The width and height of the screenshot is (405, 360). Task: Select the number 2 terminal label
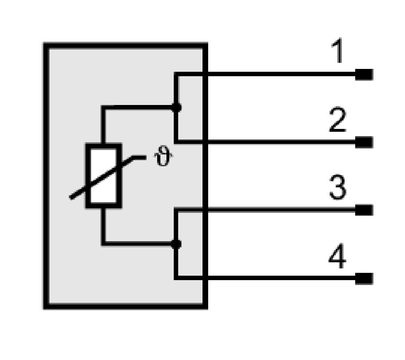pyautogui.click(x=338, y=120)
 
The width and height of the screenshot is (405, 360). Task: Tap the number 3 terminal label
pyautogui.click(x=338, y=187)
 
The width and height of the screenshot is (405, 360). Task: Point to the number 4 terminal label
pyautogui.click(x=337, y=256)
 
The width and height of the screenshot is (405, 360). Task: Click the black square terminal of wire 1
pyautogui.click(x=364, y=75)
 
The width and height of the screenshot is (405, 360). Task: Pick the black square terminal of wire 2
pyautogui.click(x=364, y=142)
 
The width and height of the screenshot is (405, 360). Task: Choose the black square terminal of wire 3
pyautogui.click(x=364, y=210)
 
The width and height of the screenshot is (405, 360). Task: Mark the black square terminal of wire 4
pyautogui.click(x=364, y=278)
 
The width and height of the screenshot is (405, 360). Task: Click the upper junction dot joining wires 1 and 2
pyautogui.click(x=177, y=107)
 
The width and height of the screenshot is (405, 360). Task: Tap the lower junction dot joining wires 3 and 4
pyautogui.click(x=176, y=244)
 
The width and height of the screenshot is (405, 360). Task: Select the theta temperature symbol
pyautogui.click(x=163, y=156)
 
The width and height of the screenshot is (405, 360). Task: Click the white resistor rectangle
pyautogui.click(x=103, y=176)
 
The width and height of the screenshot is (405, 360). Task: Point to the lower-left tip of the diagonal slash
pyautogui.click(x=70, y=198)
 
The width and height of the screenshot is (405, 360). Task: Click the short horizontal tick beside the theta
pyautogui.click(x=139, y=157)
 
